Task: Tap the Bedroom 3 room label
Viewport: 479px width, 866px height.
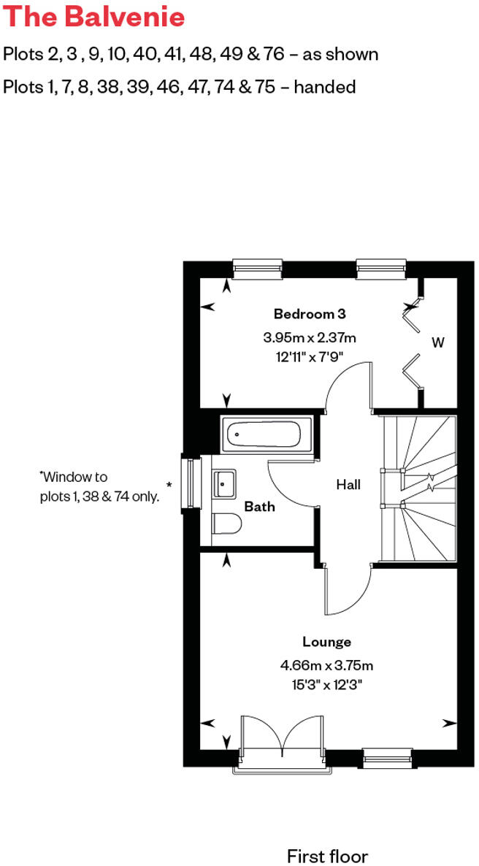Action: (309, 314)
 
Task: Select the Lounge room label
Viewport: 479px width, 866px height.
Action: (326, 642)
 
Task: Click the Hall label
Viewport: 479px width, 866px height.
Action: (348, 484)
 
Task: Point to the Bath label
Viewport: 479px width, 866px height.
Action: (259, 506)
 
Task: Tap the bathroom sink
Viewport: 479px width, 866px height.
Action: (225, 483)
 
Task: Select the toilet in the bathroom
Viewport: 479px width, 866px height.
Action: (226, 524)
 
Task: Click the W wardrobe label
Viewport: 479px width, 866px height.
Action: (437, 342)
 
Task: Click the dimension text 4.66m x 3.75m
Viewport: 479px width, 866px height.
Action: (326, 666)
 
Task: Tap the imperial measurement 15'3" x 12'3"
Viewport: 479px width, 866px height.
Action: (326, 685)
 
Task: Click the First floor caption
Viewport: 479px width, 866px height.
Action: (327, 856)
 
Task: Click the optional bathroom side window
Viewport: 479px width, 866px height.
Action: (191, 483)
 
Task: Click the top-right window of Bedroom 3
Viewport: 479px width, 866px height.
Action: (381, 269)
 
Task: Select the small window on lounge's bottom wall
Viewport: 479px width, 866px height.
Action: (387, 758)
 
